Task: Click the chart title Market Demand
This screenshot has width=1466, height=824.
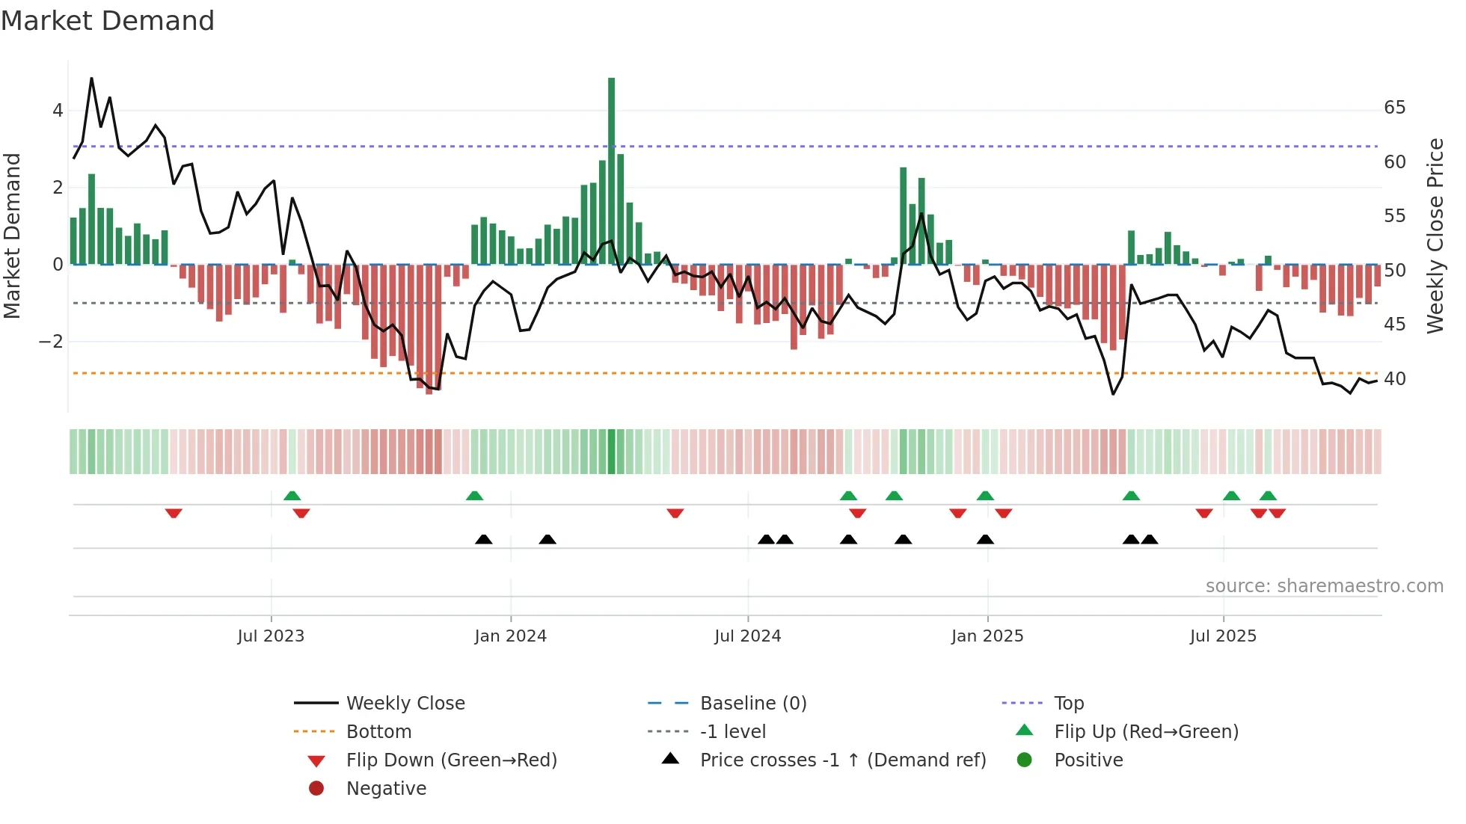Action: point(108,21)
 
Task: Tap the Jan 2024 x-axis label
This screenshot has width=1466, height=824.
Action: point(510,636)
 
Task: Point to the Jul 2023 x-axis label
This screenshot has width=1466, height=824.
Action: point(271,636)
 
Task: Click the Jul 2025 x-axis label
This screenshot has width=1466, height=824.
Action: point(1223,636)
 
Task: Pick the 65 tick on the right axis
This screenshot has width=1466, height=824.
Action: point(1394,108)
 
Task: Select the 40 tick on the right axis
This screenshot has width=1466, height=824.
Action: point(1394,379)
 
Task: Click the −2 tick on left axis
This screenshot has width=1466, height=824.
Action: point(51,342)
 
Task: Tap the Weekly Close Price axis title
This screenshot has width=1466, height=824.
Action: point(1435,236)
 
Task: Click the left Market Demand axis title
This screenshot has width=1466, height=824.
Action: point(12,236)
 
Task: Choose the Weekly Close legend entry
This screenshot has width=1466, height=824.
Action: point(405,704)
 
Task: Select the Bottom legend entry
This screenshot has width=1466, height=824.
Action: point(378,732)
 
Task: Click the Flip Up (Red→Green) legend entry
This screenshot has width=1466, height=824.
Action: point(1146,732)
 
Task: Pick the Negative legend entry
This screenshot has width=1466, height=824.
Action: point(386,789)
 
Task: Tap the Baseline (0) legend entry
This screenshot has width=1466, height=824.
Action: point(752,704)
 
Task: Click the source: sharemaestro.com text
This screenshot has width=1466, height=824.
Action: point(1324,586)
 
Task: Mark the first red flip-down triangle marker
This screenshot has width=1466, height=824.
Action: point(174,513)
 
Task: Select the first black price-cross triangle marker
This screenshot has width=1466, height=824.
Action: point(484,539)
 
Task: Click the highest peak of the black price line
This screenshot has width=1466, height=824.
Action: point(91,79)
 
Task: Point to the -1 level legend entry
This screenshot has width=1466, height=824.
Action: point(732,732)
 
